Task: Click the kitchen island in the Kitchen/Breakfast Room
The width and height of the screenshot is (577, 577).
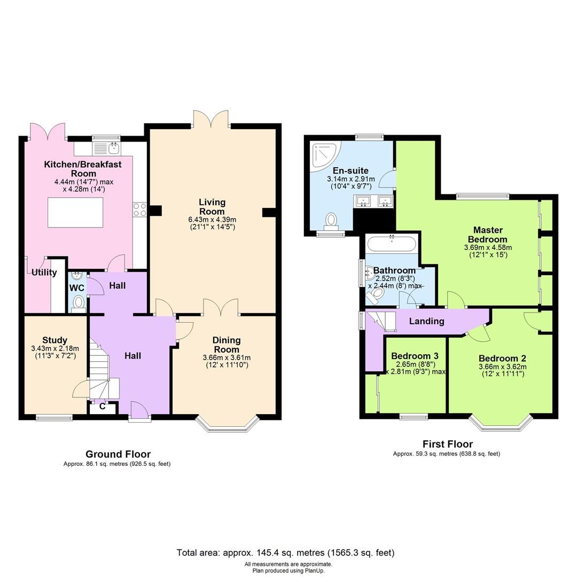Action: click(75, 212)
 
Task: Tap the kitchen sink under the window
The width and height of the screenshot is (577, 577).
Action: click(113, 148)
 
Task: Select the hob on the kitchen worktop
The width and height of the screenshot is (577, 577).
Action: click(139, 209)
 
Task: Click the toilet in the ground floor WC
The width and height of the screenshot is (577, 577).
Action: click(78, 302)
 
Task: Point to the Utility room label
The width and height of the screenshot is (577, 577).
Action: click(44, 272)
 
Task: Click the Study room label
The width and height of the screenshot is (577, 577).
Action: click(54, 340)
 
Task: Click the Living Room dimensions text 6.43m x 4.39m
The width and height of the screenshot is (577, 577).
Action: click(212, 220)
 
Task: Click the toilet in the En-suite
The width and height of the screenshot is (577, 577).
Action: click(331, 221)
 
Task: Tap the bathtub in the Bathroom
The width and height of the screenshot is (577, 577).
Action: click(392, 244)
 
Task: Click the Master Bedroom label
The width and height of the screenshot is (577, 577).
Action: click(487, 235)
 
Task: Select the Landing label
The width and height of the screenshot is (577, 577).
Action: click(426, 321)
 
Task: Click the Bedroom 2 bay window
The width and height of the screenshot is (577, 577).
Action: click(502, 423)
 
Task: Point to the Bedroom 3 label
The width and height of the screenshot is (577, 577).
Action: click(415, 356)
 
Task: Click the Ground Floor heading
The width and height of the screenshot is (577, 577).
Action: click(118, 454)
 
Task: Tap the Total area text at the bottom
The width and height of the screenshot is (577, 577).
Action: click(285, 552)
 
